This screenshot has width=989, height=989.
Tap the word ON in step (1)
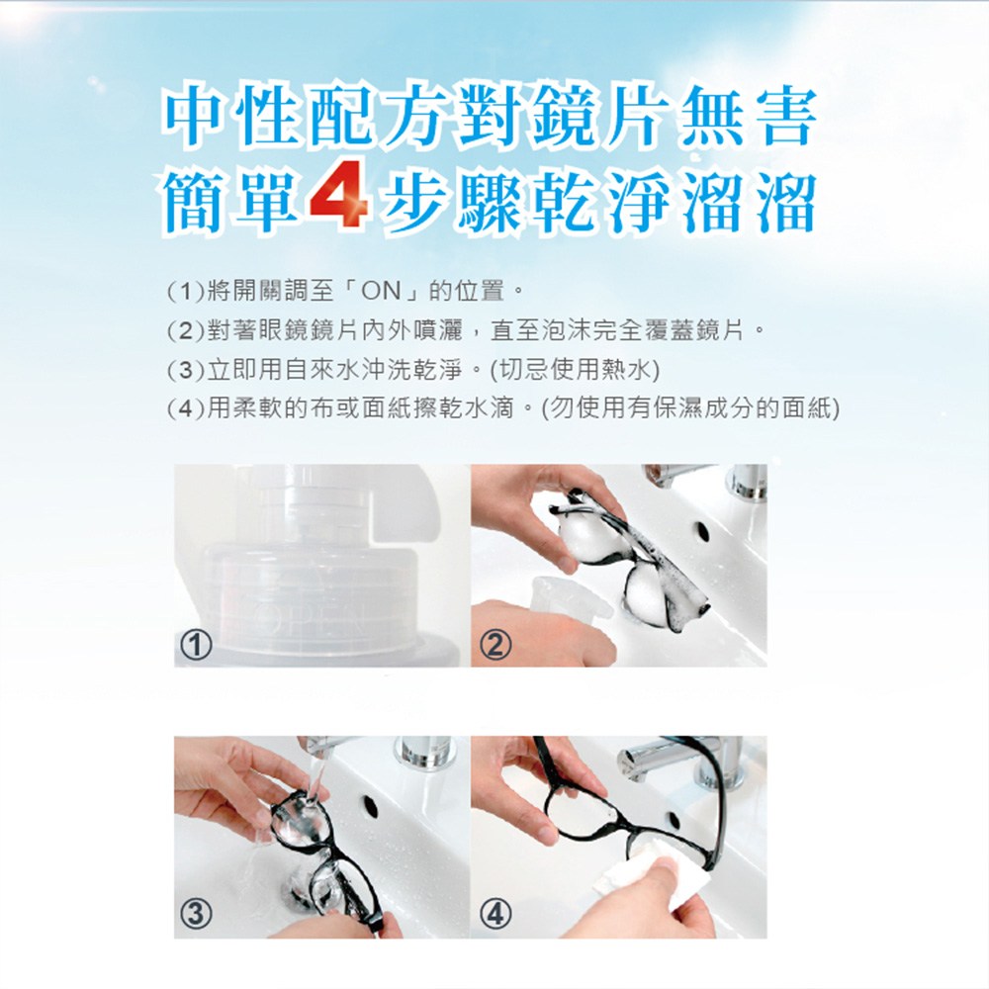tap(381, 292)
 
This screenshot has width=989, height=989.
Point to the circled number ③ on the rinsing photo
tap(196, 913)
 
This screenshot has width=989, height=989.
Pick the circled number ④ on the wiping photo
tap(495, 913)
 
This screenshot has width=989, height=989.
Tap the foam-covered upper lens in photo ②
tap(586, 537)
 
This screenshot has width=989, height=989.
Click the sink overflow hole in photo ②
tap(702, 531)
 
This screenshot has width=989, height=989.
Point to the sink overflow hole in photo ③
tap(370, 806)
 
